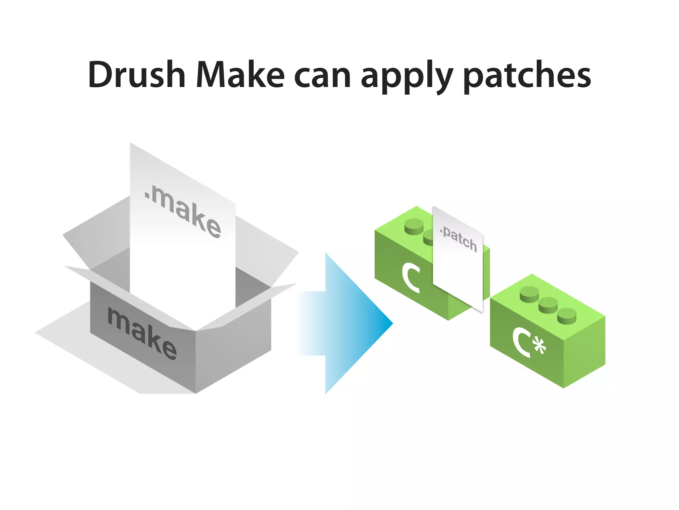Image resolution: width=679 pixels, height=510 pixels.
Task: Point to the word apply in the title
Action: (x=407, y=77)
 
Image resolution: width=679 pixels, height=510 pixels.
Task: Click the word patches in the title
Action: (x=527, y=76)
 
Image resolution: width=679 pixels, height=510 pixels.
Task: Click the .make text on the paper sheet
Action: (x=183, y=212)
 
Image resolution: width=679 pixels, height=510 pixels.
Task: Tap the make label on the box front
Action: (x=142, y=333)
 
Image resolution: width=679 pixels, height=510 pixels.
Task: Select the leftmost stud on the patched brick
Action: (x=414, y=226)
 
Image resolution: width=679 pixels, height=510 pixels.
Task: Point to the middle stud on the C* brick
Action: (x=548, y=305)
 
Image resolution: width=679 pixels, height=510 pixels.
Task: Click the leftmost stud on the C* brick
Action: (x=529, y=294)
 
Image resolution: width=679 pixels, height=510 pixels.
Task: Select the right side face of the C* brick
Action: (x=585, y=352)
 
